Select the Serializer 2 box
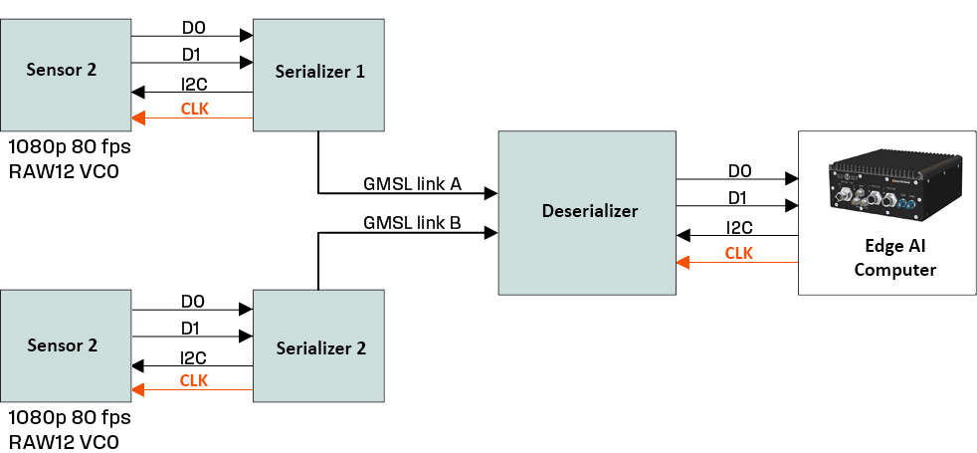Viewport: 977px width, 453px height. coord(318,346)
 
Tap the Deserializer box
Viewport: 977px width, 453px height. coord(589,211)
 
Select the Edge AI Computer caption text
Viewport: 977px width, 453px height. coord(894,256)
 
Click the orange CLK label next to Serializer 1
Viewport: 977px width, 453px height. coord(194,109)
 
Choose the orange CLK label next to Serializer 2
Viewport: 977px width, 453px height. coord(194,380)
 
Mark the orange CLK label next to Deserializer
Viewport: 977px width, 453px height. coord(738,253)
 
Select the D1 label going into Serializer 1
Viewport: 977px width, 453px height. coord(193,53)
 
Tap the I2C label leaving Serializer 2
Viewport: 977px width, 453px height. coord(193,356)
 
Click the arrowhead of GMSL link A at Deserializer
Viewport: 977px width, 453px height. coord(491,192)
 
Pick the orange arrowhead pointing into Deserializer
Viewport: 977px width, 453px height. coord(683,263)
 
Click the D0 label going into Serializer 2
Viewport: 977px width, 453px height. coord(193,301)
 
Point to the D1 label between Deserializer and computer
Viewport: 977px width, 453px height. coord(738,198)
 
